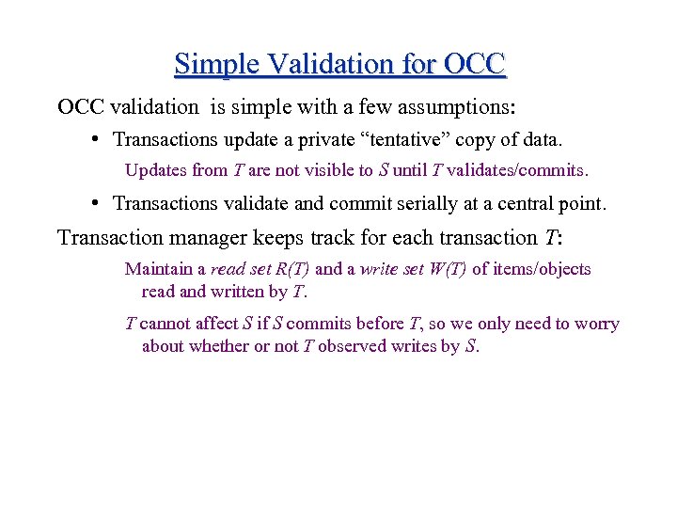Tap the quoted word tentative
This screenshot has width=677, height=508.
405,140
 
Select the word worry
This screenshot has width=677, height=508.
596,324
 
